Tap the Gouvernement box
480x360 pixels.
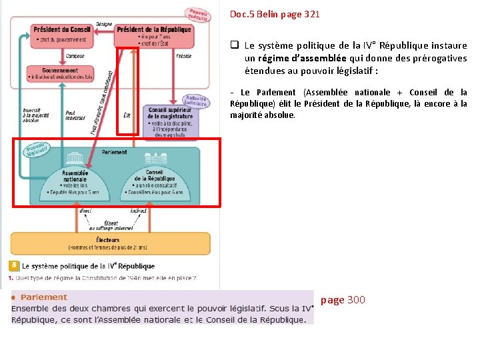[x=60, y=73]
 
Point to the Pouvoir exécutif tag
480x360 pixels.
[x=197, y=15]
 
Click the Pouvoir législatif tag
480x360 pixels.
[x=36, y=149]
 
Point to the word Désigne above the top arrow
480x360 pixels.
[x=103, y=23]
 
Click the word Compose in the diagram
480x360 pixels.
[x=75, y=56]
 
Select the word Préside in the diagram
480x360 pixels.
[x=184, y=56]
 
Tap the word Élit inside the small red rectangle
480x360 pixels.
[x=127, y=115]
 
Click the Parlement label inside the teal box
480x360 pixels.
[x=115, y=152]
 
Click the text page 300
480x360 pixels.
[x=343, y=300]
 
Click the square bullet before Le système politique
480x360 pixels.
[x=235, y=46]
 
